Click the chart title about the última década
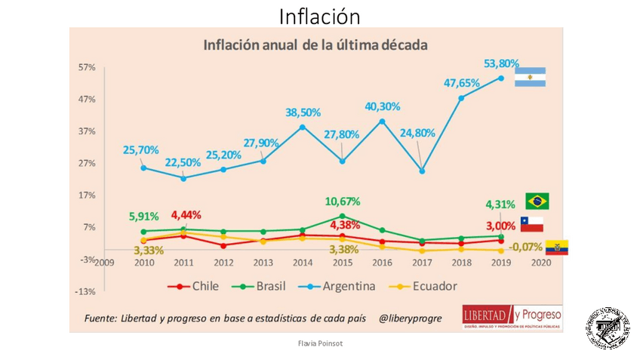coord(315,45)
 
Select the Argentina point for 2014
coord(303,127)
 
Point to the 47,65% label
coord(461,82)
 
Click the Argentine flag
coord(530,77)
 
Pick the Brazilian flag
coord(537,201)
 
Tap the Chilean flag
coord(531,223)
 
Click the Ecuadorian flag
coord(556,248)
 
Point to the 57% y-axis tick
coord(86,67)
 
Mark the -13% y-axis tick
coord(85,291)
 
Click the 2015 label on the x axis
coord(343,263)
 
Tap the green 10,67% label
coord(342,202)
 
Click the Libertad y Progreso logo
coord(512,316)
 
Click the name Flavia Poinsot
coord(319,342)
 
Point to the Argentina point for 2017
coord(422,171)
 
